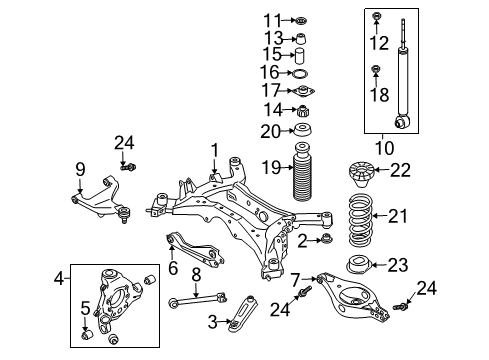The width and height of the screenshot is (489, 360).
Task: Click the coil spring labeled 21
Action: click(360, 220)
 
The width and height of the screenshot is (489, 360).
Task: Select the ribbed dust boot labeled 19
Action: click(303, 172)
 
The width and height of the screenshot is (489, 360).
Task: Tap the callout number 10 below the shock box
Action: click(385, 148)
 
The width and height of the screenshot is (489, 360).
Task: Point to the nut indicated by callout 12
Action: click(376, 15)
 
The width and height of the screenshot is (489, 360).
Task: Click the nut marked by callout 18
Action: click(376, 69)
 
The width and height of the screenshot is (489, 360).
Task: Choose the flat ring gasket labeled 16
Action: click(300, 73)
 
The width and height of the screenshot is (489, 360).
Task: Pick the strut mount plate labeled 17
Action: click(303, 91)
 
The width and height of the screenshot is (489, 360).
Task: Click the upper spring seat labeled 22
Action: click(362, 174)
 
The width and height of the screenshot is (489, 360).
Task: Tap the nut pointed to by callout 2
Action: click(326, 239)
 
